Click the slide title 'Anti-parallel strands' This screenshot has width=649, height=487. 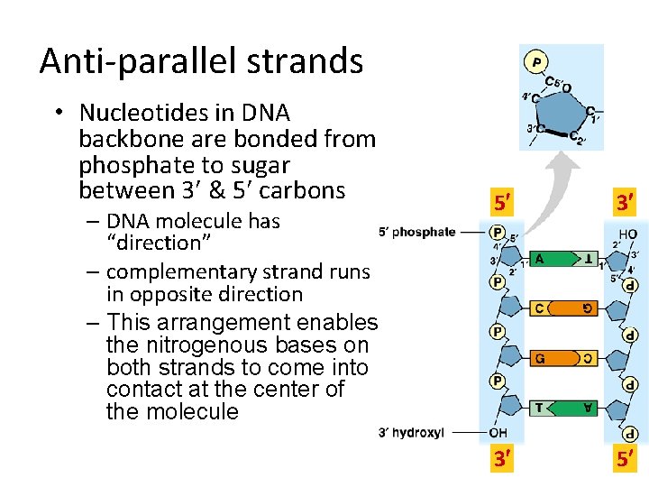[201, 61]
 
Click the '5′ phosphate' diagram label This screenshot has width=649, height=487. [416, 232]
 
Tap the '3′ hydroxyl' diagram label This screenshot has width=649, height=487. [411, 433]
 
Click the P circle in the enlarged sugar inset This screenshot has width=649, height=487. [536, 62]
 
